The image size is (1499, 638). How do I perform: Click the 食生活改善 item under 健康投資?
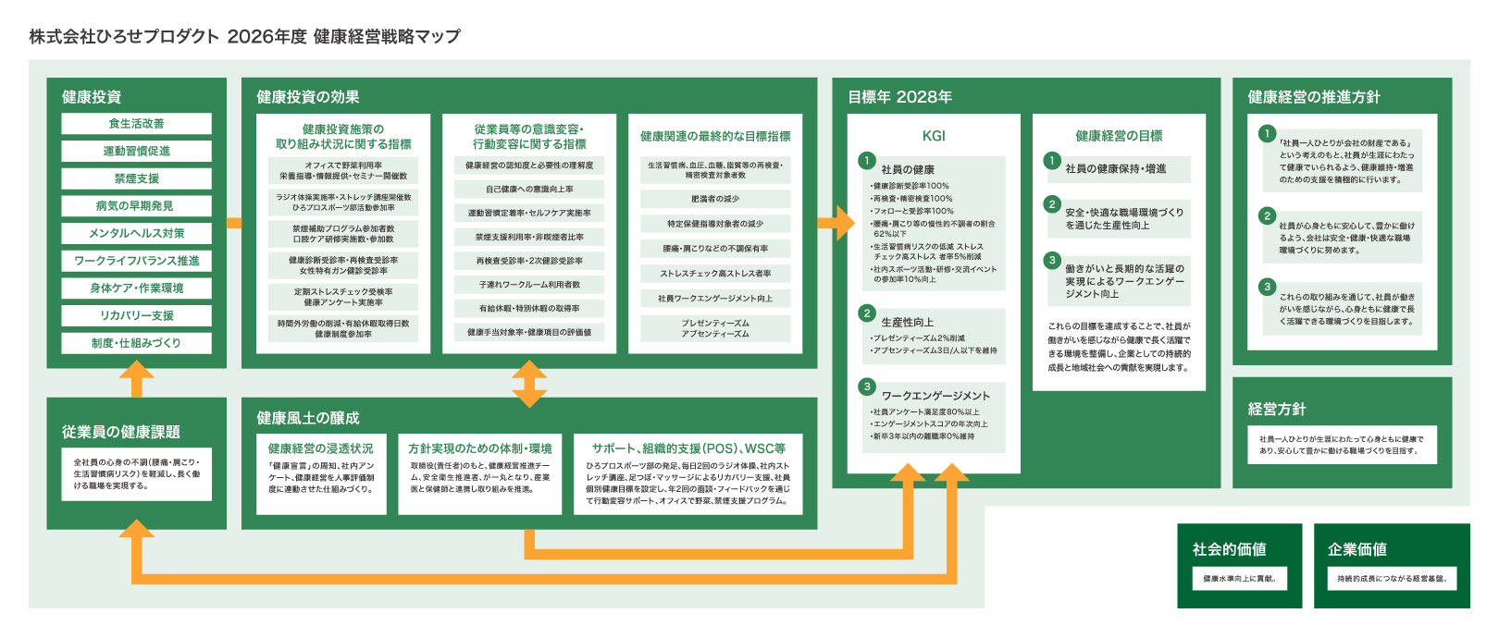(136, 123)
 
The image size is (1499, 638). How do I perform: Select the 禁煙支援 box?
(136, 178)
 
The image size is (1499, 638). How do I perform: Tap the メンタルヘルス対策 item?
(136, 233)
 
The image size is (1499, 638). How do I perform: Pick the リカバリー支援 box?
(136, 315)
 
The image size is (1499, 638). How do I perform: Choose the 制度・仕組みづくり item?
(136, 343)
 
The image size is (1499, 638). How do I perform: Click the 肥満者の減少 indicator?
(715, 199)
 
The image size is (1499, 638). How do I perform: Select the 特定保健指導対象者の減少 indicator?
(715, 224)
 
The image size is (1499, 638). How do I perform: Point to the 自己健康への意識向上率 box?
(529, 189)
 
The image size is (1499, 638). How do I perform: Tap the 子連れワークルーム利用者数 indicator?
(529, 284)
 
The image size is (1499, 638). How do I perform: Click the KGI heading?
(934, 136)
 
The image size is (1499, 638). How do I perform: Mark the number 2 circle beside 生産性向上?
(867, 313)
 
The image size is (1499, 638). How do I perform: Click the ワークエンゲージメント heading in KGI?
(935, 396)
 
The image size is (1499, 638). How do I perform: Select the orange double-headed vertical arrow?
(529, 384)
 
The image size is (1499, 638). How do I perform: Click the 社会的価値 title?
(1229, 549)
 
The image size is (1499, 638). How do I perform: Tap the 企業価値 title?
(1357, 549)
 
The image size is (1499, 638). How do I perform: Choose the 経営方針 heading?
(1277, 409)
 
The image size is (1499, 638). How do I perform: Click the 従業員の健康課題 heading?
(121, 432)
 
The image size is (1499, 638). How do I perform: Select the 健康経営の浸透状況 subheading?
(321, 448)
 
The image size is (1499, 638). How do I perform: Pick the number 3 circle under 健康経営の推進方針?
(1267, 287)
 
